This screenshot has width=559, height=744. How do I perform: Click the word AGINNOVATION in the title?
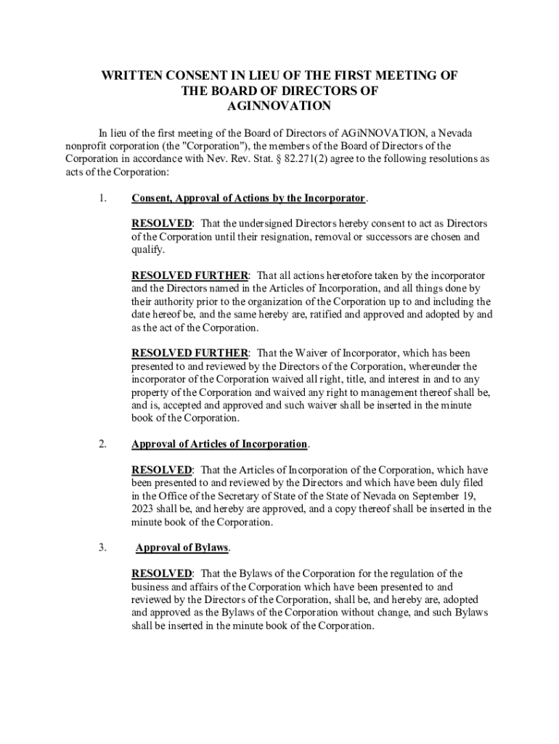[279, 105]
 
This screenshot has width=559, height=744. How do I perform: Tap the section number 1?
[103, 198]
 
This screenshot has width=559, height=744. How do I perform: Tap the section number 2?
[103, 443]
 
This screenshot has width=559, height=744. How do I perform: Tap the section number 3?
[103, 547]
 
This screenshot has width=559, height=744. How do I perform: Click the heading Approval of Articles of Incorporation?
[219, 443]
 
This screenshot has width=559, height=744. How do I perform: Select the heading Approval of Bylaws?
[181, 547]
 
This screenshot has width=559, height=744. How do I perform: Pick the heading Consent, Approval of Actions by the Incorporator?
[248, 198]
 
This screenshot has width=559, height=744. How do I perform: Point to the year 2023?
[144, 509]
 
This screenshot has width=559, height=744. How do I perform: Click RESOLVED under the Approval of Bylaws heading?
[161, 573]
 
